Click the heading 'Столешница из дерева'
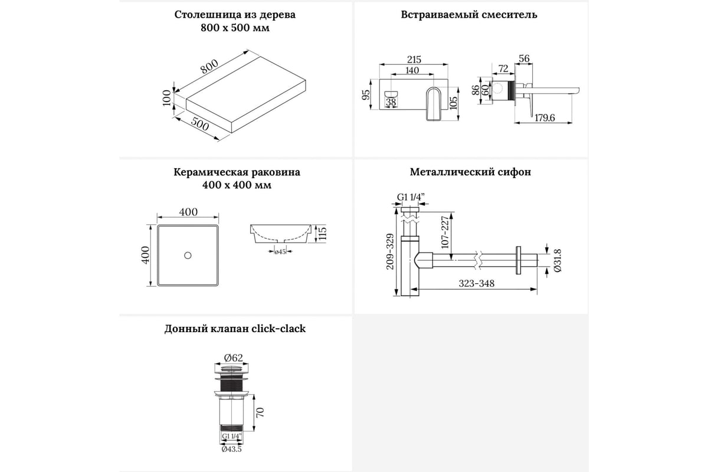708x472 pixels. click(235, 15)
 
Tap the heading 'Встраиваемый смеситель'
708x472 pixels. click(469, 15)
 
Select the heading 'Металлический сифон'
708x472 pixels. click(470, 172)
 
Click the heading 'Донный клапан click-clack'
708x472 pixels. click(235, 329)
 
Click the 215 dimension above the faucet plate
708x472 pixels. click(414, 60)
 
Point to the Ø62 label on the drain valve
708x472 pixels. click(234, 358)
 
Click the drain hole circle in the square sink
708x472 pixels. click(188, 255)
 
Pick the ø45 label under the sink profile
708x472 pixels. click(280, 253)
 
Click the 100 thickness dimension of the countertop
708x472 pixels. click(167, 97)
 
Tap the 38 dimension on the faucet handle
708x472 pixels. click(391, 102)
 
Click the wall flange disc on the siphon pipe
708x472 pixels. click(519, 260)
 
